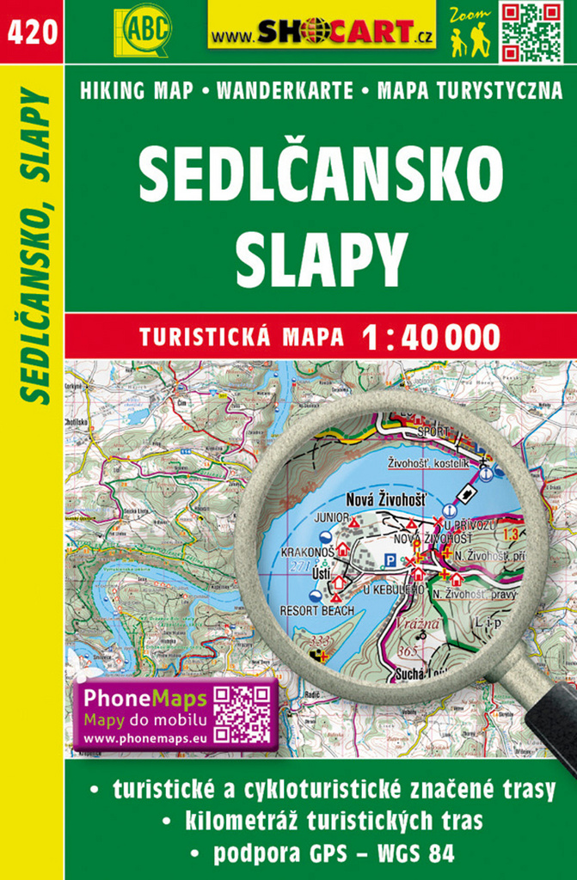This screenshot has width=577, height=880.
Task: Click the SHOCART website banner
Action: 321,34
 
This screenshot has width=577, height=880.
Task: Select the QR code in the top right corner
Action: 531,32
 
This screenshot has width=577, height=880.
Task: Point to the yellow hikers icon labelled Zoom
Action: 470,35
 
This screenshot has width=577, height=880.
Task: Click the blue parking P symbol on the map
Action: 388,559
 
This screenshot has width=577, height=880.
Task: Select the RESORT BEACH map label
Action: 316,611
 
